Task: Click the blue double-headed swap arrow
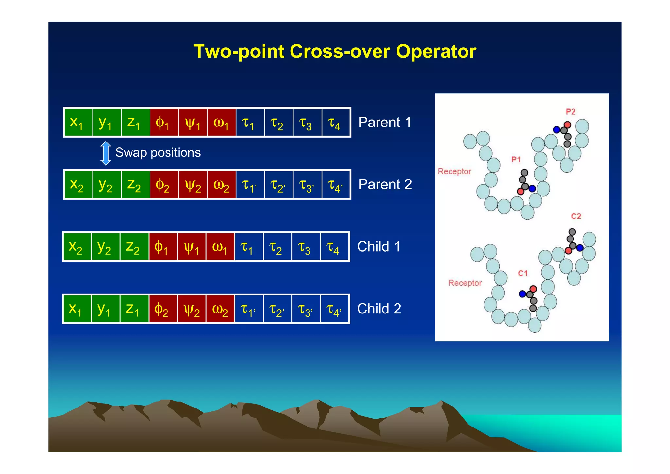(106, 153)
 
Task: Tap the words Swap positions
(158, 153)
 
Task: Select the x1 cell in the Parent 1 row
(78, 123)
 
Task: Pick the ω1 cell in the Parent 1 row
(221, 123)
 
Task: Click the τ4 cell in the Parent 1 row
(336, 123)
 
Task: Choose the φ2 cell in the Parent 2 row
(164, 185)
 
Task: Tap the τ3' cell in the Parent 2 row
(307, 185)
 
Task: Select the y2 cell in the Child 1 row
(105, 247)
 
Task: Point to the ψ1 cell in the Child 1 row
(191, 247)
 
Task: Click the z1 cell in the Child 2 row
(134, 309)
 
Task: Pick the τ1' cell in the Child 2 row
(249, 309)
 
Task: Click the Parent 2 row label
(385, 184)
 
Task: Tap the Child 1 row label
(379, 247)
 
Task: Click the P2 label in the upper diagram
(570, 112)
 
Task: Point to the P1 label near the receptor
(516, 160)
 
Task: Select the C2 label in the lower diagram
(576, 216)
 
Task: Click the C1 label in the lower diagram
(523, 273)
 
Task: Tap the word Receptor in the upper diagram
(454, 171)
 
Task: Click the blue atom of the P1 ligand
(532, 189)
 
